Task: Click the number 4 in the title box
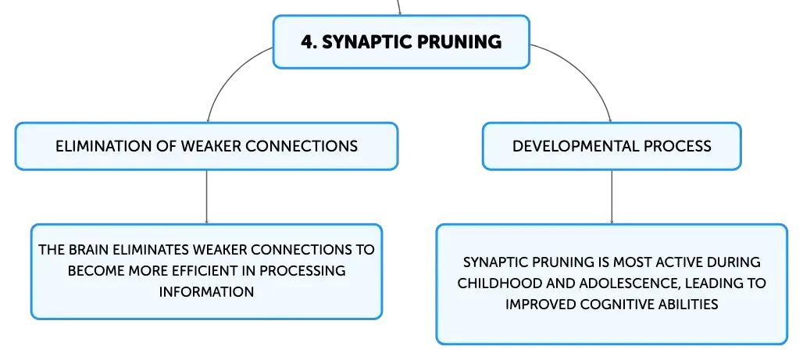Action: pyautogui.click(x=307, y=41)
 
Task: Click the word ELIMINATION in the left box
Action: pyautogui.click(x=105, y=146)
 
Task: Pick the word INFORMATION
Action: pyautogui.click(x=206, y=292)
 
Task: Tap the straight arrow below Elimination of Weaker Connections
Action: pyautogui.click(x=206, y=197)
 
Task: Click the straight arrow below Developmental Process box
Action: pyautogui.click(x=612, y=197)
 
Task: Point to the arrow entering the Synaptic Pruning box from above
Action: pyautogui.click(x=399, y=7)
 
